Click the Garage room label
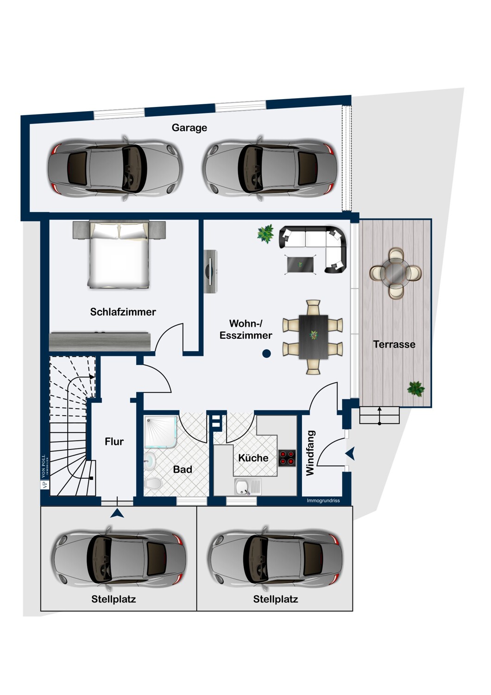[x=189, y=128]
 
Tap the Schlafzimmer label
[x=123, y=312]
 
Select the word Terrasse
[x=394, y=344]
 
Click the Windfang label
[x=310, y=453]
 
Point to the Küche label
[x=253, y=458]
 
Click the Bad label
[x=183, y=469]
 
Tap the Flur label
[x=114, y=441]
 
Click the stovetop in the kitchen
[x=287, y=458]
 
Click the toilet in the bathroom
[x=153, y=483]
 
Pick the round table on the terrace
[x=396, y=273]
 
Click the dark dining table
[x=313, y=337]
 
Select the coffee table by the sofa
[x=300, y=265]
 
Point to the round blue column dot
[x=266, y=354]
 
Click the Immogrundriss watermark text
[x=323, y=500]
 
